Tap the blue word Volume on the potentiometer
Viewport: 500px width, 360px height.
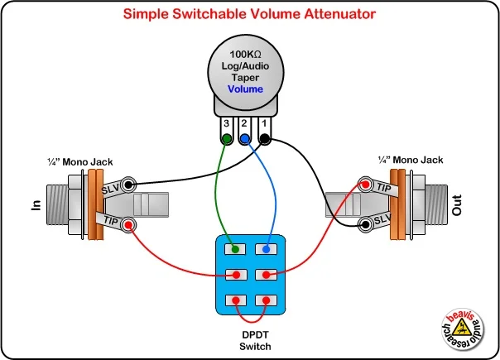(x=246, y=89)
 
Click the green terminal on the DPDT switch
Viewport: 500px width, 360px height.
(x=237, y=248)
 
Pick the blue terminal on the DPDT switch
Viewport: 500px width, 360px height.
(x=266, y=248)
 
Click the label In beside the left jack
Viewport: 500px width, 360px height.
(x=36, y=204)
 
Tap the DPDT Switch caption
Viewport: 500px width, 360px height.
(x=251, y=339)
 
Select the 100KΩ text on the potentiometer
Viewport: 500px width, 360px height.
(x=246, y=54)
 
